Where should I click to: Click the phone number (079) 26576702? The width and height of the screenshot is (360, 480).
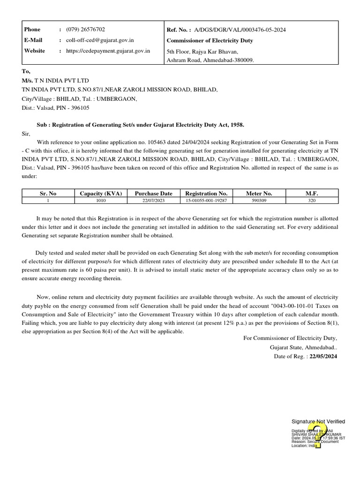pos(85,30)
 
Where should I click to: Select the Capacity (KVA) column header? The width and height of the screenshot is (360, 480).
pos(101,193)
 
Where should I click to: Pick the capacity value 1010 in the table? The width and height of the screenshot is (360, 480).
pos(101,201)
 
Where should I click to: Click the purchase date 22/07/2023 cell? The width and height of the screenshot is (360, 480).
pos(153,201)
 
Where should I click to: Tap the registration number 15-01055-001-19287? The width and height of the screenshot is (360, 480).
pos(206,201)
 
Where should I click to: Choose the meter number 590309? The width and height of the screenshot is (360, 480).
pos(259,201)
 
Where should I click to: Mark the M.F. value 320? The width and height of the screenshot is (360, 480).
pos(312,201)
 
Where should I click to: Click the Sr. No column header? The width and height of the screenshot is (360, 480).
pos(48,193)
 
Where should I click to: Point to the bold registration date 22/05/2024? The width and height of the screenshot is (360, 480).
pos(323,357)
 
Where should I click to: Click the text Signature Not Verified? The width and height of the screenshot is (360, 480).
pos(318,422)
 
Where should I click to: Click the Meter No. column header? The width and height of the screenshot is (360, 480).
pos(259,193)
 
